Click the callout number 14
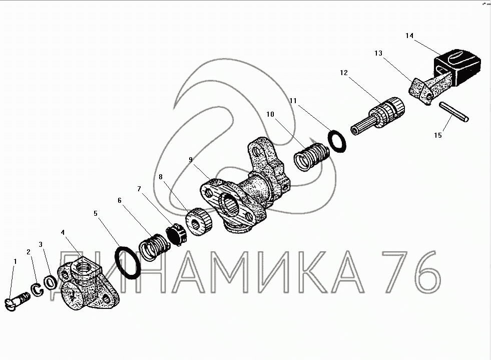pyautogui.click(x=409, y=36)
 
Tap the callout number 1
pyautogui.click(x=15, y=261)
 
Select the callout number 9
pyautogui.click(x=190, y=160)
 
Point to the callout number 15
pyautogui.click(x=438, y=135)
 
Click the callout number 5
pyautogui.click(x=96, y=213)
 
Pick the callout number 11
pyautogui.click(x=293, y=101)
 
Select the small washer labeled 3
pyautogui.click(x=50, y=283)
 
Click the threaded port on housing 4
pyautogui.click(x=84, y=267)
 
